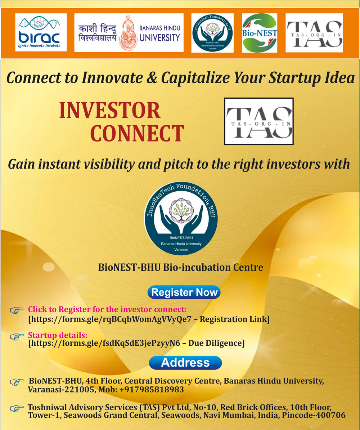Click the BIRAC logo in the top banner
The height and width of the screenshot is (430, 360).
pyautogui.click(x=41, y=32)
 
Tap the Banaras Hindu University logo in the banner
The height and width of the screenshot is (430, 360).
pyautogui.click(x=129, y=33)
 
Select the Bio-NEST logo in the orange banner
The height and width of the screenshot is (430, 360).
pyautogui.click(x=259, y=33)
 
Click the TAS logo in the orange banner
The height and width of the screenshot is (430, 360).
pyautogui.click(x=314, y=33)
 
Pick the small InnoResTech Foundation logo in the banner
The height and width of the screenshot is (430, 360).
pyautogui.click(x=212, y=33)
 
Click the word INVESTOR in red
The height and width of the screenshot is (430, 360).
pyautogui.click(x=110, y=110)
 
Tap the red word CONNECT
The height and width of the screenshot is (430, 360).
pyautogui.click(x=137, y=133)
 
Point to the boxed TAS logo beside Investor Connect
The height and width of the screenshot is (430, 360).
pyautogui.click(x=259, y=121)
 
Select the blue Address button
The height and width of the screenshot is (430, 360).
pyautogui.click(x=185, y=363)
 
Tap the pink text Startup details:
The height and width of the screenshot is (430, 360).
pyautogui.click(x=58, y=335)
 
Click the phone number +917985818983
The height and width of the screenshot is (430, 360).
pyautogui.click(x=152, y=389)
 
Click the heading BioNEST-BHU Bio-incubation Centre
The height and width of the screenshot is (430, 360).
pyautogui.click(x=181, y=267)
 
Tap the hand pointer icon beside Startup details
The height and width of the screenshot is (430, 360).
pyautogui.click(x=17, y=336)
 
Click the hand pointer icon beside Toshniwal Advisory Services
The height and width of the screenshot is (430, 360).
pyautogui.click(x=17, y=409)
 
